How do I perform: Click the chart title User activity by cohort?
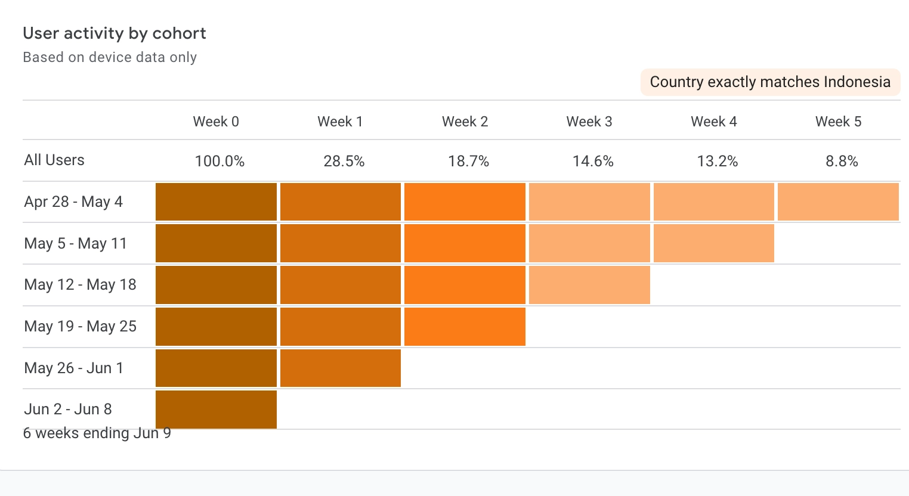click(115, 33)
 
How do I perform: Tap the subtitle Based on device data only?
click(110, 57)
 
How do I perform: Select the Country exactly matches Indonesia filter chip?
click(770, 82)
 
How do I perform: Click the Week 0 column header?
click(216, 122)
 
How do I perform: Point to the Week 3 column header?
click(589, 122)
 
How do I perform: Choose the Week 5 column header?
click(838, 122)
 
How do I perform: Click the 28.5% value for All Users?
click(344, 161)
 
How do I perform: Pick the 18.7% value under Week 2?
click(468, 161)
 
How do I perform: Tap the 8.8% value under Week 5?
click(842, 161)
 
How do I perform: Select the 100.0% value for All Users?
click(219, 161)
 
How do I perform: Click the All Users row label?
click(54, 160)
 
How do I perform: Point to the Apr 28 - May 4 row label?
click(73, 201)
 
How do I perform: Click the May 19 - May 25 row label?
click(81, 326)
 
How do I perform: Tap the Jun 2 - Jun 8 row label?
click(68, 409)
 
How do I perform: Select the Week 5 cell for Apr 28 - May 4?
click(838, 201)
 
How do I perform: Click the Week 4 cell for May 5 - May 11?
click(714, 243)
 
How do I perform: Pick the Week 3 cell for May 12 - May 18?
click(589, 285)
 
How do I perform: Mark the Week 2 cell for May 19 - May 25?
click(465, 327)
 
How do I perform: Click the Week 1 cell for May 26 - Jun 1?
click(341, 368)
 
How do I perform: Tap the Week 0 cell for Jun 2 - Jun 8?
click(216, 409)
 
